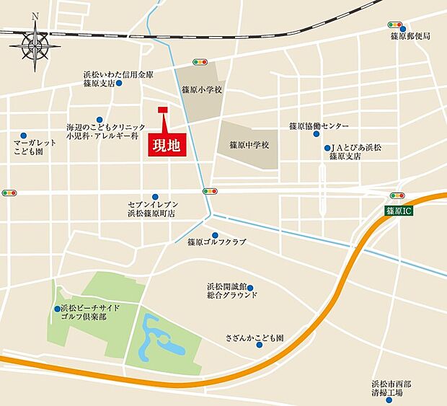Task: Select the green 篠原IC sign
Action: pyautogui.click(x=398, y=211)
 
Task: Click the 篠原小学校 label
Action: pyautogui.click(x=203, y=91)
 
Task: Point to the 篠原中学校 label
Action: pyautogui.click(x=249, y=145)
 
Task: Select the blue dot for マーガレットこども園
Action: pyautogui.click(x=24, y=136)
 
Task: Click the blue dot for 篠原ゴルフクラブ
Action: pyautogui.click(x=215, y=235)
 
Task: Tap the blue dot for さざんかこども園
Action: pyautogui.click(x=260, y=344)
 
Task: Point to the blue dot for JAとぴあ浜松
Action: pyautogui.click(x=327, y=148)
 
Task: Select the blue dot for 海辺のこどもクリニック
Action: pyautogui.click(x=99, y=120)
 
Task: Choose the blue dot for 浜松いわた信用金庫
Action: pyautogui.click(x=119, y=83)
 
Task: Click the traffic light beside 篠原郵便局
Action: pyautogui.click(x=394, y=24)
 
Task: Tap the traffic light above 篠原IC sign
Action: pyautogui.click(x=397, y=195)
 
